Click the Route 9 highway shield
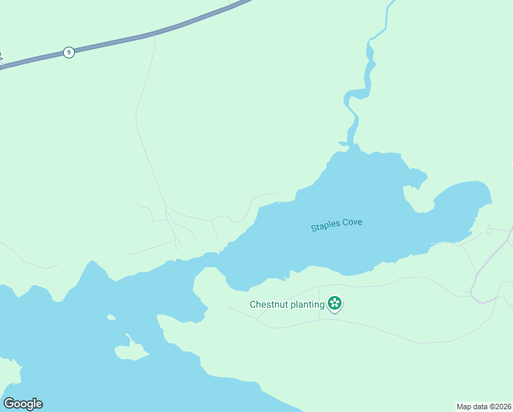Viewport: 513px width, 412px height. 68,52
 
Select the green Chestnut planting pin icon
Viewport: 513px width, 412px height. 334,303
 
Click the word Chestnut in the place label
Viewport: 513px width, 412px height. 271,304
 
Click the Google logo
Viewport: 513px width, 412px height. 23,404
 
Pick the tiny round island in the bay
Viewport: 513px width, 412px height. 110,317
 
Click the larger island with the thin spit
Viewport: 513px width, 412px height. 130,351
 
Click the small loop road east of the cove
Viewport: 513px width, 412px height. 489,231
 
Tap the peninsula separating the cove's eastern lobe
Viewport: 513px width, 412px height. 418,199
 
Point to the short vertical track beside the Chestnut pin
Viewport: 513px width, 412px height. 320,310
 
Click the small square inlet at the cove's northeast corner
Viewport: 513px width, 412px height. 416,180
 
